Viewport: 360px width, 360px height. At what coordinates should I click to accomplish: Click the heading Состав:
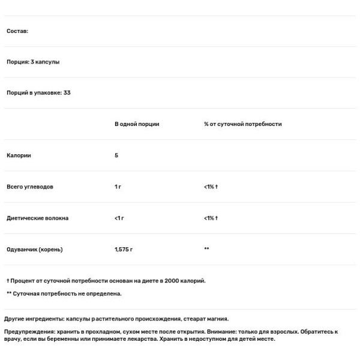tap(17, 31)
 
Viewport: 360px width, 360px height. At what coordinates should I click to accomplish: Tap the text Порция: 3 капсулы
tap(33, 62)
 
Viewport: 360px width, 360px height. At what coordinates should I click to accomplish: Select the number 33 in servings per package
tap(67, 93)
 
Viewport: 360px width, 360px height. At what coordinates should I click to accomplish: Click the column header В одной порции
tap(137, 124)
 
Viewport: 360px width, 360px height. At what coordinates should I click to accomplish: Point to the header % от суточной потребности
tap(242, 124)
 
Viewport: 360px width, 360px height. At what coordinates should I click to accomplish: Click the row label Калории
tap(19, 155)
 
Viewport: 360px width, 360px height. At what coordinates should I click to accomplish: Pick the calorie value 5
tap(116, 155)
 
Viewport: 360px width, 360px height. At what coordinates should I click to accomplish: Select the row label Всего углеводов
tap(30, 187)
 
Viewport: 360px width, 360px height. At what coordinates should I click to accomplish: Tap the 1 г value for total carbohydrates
tap(118, 187)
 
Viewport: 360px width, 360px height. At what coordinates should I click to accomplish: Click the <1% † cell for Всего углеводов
tap(211, 187)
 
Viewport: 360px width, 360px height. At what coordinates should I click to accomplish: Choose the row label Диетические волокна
tap(37, 218)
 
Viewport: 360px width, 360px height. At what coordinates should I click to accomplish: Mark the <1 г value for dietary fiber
tap(119, 218)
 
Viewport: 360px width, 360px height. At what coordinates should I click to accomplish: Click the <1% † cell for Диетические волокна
tap(211, 218)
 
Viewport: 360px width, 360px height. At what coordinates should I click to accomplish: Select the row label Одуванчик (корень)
tap(34, 249)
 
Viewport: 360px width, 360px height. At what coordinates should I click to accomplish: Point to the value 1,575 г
tap(124, 249)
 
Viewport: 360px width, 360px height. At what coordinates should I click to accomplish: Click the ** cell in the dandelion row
tap(206, 249)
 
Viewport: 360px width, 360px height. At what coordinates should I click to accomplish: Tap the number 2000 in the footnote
tap(171, 280)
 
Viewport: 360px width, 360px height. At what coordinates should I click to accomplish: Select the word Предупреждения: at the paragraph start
tap(28, 331)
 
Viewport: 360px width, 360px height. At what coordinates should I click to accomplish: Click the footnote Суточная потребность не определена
tap(67, 293)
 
